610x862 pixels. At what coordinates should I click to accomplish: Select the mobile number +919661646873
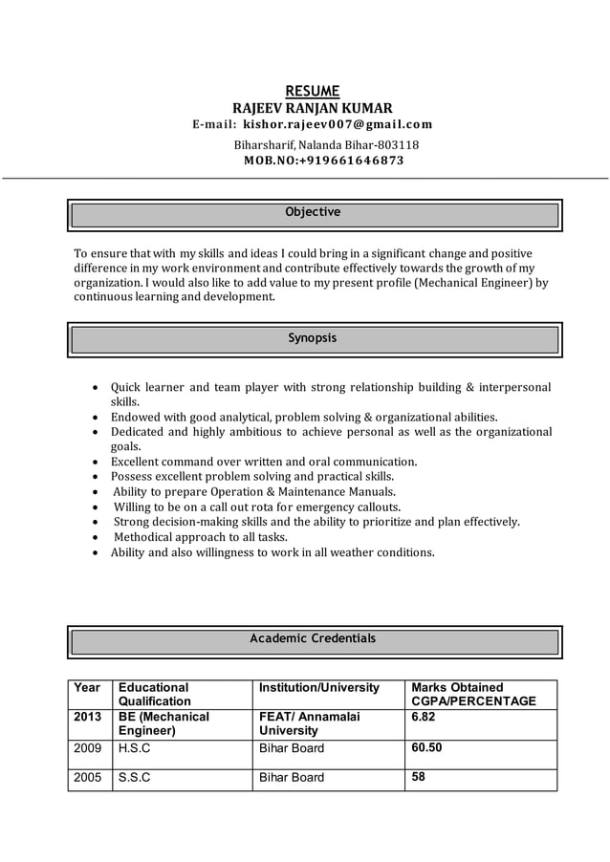351,161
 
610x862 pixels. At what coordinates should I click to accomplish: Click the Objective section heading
313,212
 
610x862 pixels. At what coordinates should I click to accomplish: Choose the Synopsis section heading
313,338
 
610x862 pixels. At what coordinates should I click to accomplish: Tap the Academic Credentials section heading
313,638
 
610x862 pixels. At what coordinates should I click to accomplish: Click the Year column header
87,687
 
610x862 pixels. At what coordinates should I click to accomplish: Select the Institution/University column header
319,687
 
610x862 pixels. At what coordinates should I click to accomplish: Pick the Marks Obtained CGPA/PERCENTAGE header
473,695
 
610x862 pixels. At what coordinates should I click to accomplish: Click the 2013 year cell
88,716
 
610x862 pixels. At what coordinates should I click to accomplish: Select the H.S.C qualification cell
135,748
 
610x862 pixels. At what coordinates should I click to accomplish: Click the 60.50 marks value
426,747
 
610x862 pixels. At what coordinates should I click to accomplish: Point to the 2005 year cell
88,778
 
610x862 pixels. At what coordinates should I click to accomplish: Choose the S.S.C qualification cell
135,778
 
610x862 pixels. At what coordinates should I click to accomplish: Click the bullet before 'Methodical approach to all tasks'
97,537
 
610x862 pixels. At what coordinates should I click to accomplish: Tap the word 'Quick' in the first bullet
128,387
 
